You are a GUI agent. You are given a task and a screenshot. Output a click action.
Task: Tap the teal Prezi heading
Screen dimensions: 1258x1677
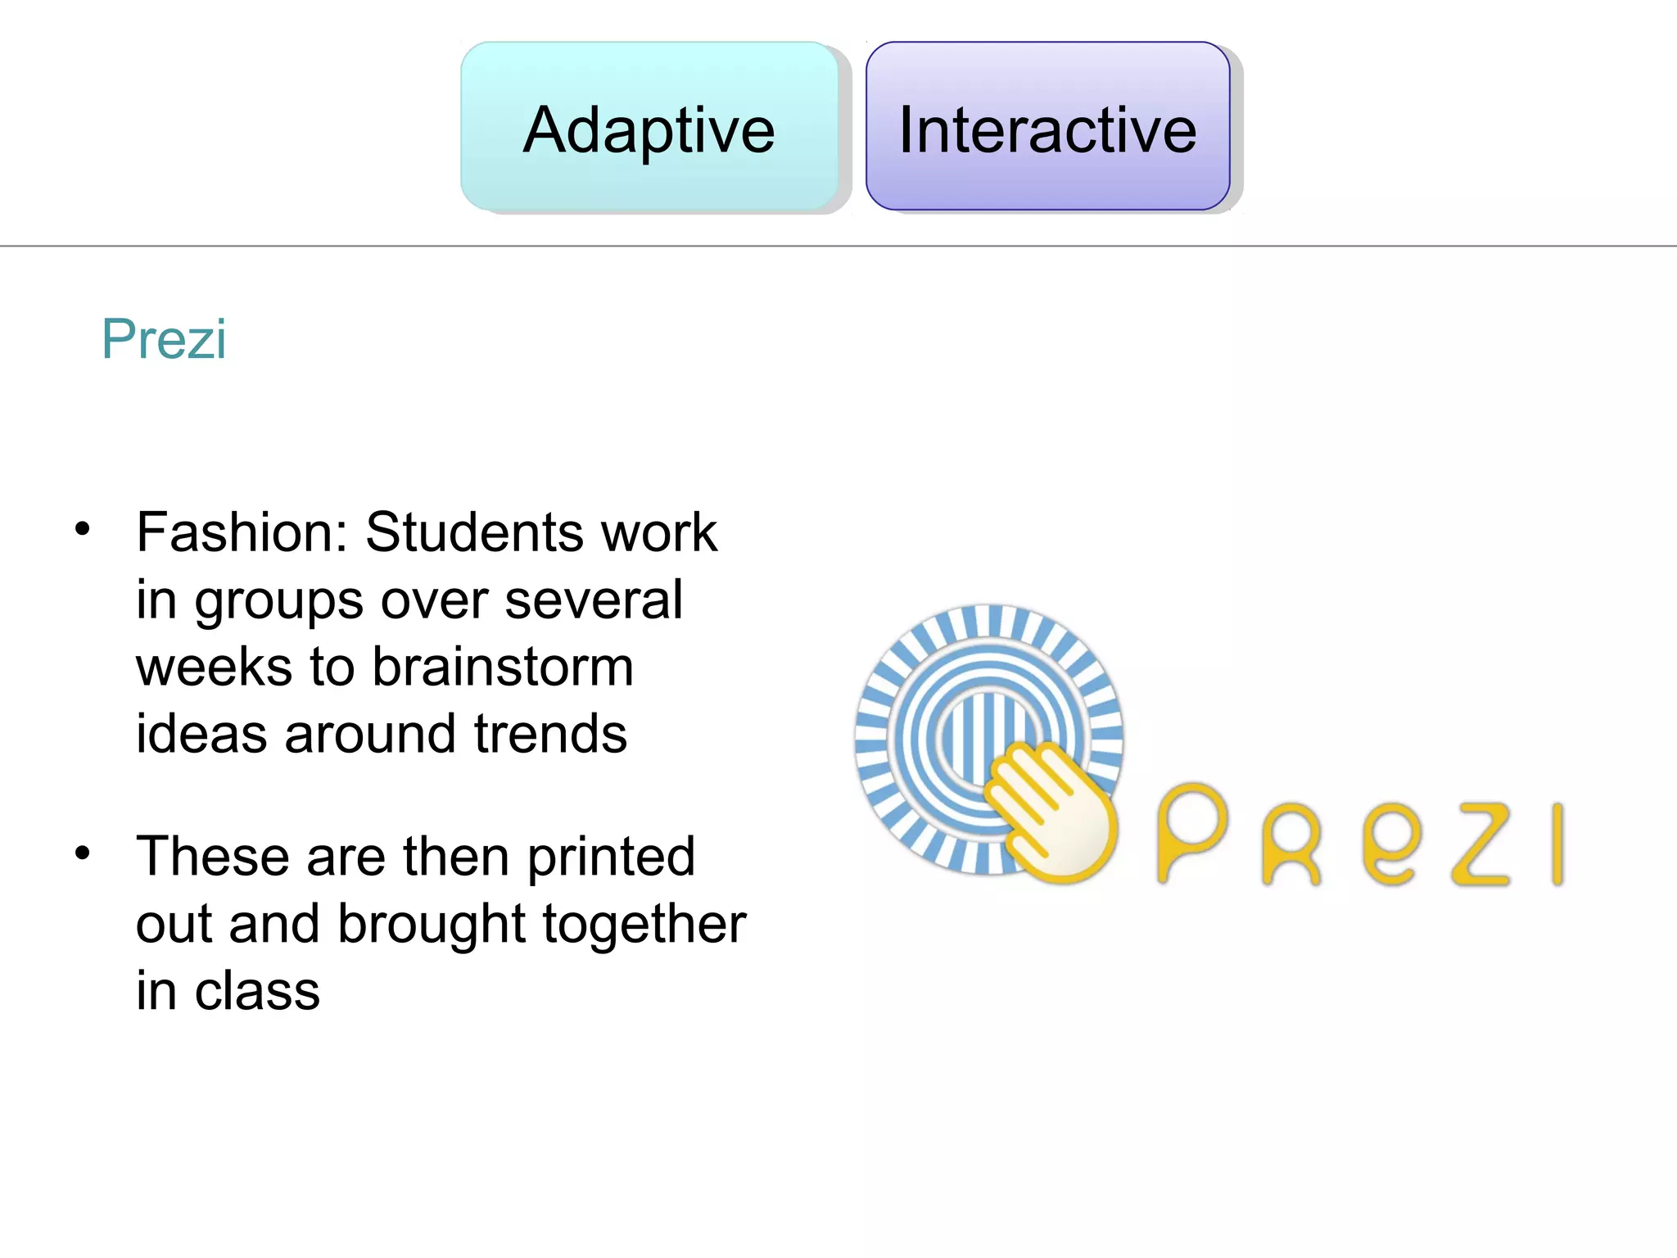(164, 338)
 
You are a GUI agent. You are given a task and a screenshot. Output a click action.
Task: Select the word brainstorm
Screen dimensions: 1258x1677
(503, 667)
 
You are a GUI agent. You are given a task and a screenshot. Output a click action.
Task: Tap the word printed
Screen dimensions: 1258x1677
(611, 857)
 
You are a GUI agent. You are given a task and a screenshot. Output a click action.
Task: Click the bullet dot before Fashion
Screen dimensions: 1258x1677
(82, 528)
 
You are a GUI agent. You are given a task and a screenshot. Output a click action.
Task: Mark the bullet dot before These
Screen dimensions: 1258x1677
(82, 853)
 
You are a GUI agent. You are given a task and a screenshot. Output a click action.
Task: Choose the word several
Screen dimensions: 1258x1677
(594, 600)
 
